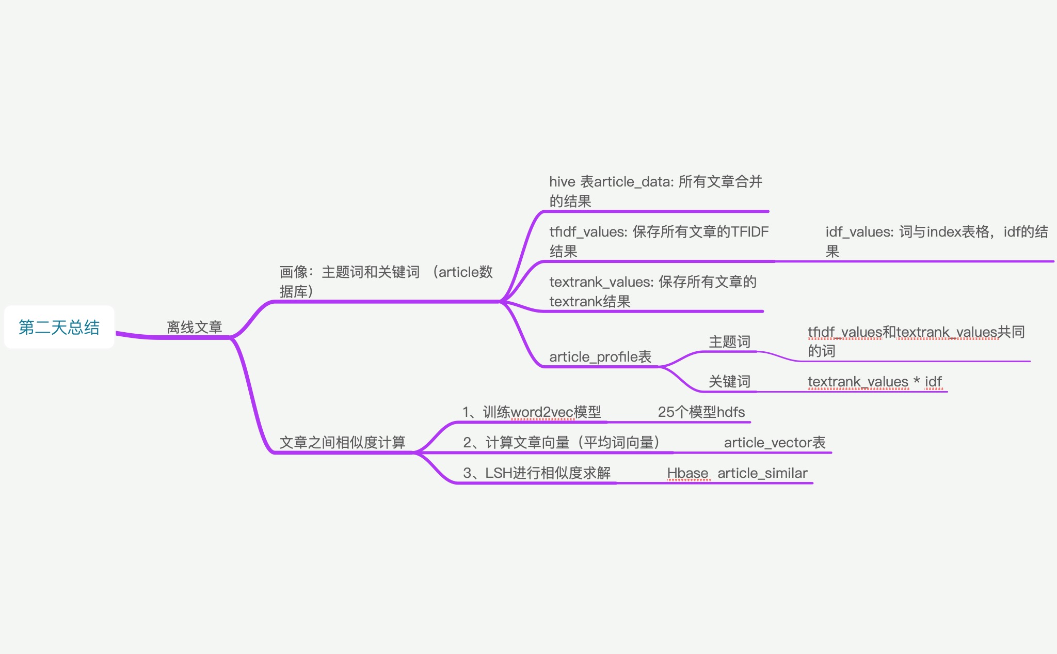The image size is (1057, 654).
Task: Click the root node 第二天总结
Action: tap(59, 327)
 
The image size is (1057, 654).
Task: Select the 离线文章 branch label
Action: tap(194, 327)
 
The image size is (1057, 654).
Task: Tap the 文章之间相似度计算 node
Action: tap(342, 442)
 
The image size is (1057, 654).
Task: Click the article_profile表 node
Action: tap(600, 356)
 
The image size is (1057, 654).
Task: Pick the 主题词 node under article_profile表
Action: tap(729, 341)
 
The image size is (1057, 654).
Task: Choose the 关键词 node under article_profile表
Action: tap(729, 381)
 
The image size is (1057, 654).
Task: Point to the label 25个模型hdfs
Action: tap(701, 412)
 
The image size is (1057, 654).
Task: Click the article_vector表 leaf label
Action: tap(774, 442)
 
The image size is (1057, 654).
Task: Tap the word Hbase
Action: tap(687, 473)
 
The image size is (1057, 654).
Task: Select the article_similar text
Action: tap(762, 473)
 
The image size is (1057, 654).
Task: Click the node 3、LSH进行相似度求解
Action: tap(537, 473)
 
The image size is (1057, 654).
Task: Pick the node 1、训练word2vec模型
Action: tap(532, 412)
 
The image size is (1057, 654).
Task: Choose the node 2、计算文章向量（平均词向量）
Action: tap(562, 442)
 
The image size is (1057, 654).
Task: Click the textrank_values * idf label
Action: tap(874, 381)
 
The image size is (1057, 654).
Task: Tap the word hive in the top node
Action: tap(562, 181)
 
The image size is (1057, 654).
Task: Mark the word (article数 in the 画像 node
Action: tap(462, 272)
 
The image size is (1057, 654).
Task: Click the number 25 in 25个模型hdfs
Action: tap(666, 412)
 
